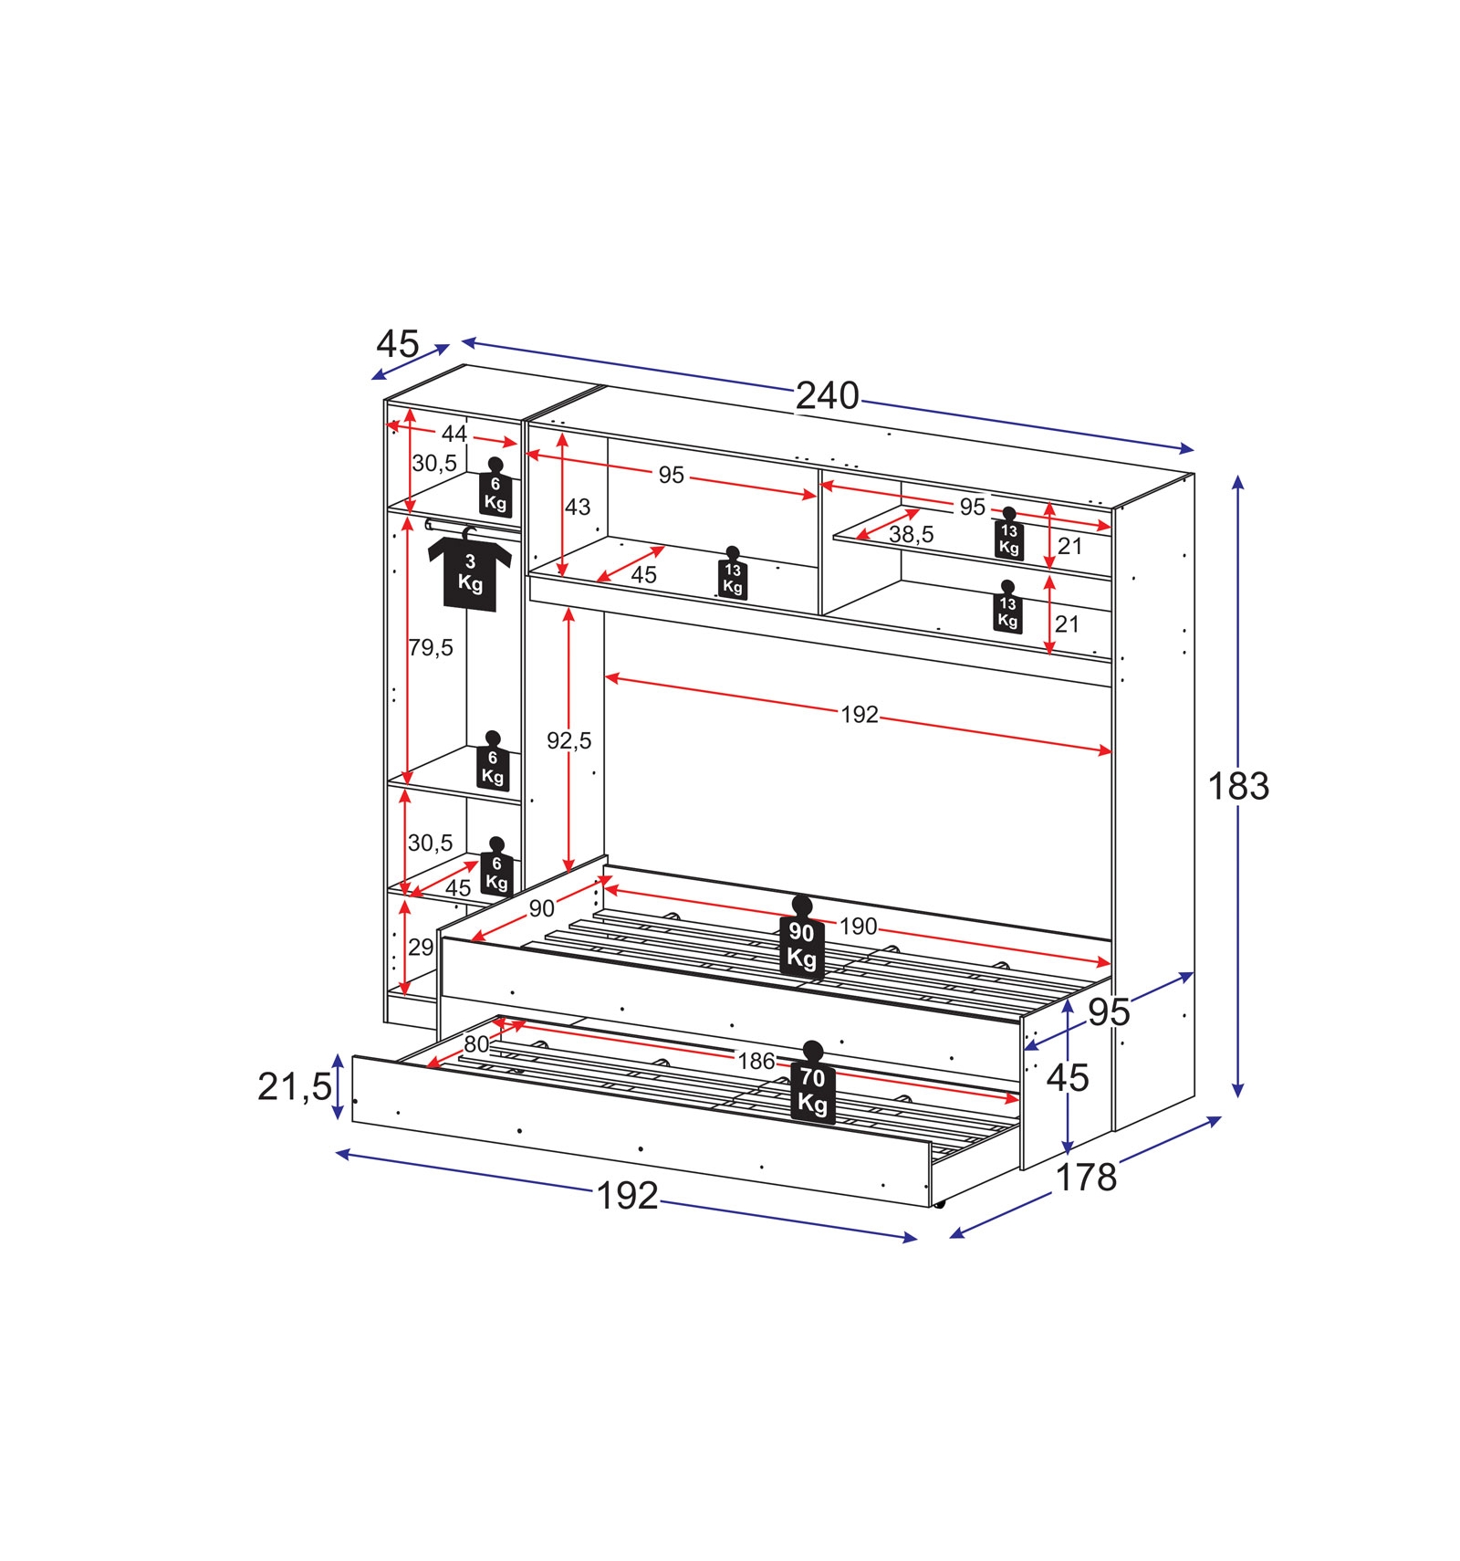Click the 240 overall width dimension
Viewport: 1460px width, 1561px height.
coord(828,395)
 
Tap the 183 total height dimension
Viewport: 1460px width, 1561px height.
coord(1238,786)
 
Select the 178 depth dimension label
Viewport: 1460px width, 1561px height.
coord(1086,1178)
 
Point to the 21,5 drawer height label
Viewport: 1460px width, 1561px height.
coord(295,1086)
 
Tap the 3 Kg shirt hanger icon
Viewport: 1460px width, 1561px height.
coord(470,570)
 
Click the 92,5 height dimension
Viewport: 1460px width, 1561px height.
coord(569,740)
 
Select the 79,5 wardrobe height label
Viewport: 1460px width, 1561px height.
coord(431,648)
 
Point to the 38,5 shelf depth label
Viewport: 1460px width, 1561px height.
coord(912,534)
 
